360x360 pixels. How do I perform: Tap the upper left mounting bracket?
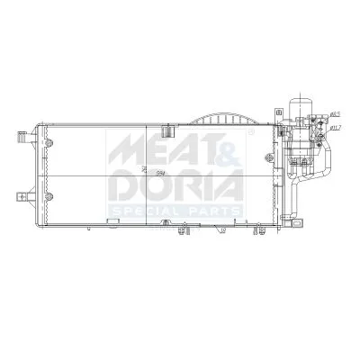20,139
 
